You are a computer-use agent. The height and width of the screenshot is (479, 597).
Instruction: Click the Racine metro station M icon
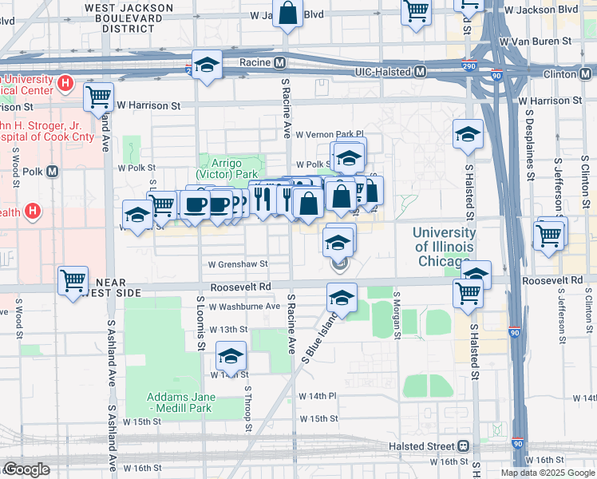coord(280,62)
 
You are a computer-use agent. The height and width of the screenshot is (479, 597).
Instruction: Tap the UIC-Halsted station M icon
coord(419,72)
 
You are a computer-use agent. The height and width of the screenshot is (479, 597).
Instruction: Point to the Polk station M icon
coord(53,171)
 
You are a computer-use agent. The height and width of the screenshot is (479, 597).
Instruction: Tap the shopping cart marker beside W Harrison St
coord(98,97)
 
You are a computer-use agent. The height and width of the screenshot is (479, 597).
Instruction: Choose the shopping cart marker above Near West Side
coord(73,280)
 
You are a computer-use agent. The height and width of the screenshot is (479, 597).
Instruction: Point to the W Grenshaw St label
coord(238,263)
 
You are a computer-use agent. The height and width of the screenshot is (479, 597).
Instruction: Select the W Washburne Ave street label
coord(244,306)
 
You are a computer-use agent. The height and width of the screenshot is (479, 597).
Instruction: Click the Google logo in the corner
coord(26,469)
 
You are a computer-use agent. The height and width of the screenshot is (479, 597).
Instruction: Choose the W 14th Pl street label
coord(318,396)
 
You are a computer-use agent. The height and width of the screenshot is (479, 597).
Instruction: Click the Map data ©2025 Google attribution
coord(548,473)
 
